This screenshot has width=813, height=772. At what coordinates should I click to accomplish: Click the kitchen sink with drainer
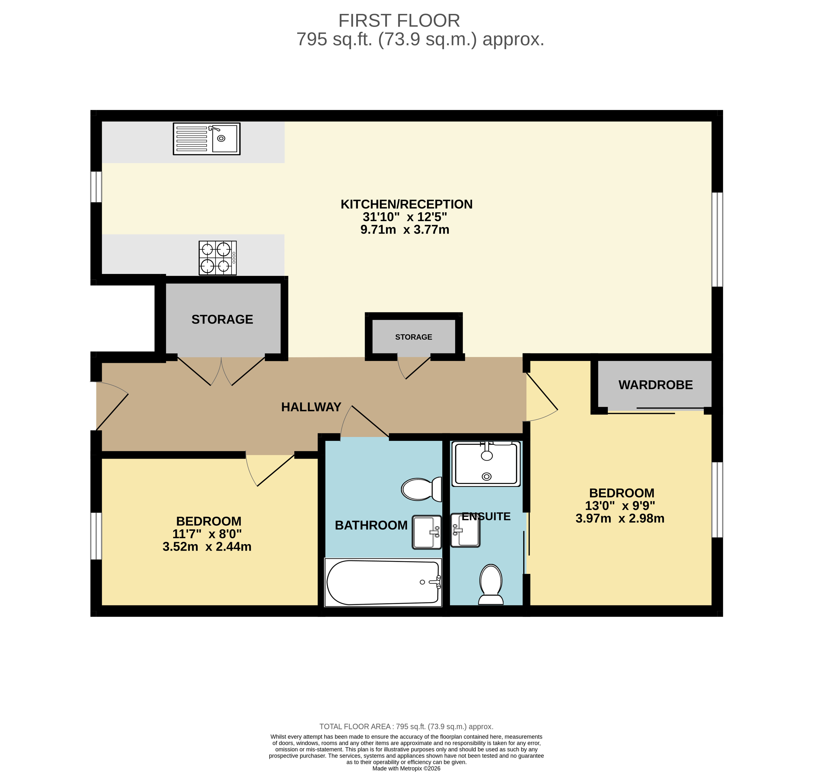coord(206,139)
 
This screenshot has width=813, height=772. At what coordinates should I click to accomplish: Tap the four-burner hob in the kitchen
coord(217,258)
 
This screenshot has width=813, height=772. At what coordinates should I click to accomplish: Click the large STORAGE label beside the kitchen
coord(222,319)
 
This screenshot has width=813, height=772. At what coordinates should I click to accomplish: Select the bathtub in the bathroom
coord(383,582)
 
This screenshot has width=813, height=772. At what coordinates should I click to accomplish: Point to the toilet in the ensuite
coord(491,585)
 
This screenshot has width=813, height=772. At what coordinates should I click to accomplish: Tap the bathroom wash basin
coord(427,532)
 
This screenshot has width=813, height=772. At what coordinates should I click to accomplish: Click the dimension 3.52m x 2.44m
coord(207,547)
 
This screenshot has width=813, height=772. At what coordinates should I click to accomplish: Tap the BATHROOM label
coord(371,525)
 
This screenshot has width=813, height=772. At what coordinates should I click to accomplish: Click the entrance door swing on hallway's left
coord(111,405)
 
